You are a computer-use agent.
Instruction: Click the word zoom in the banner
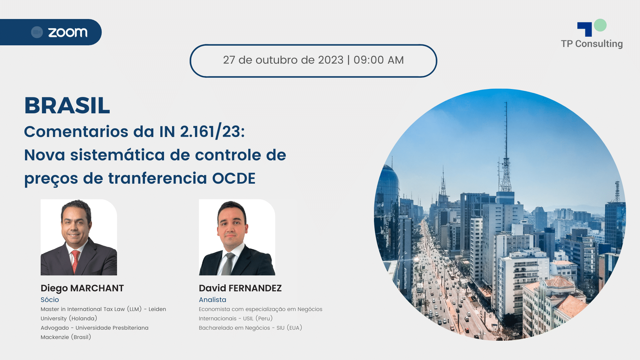pyautogui.click(x=68, y=32)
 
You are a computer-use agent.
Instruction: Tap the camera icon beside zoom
pyautogui.click(x=37, y=32)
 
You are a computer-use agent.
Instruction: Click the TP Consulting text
pyautogui.click(x=592, y=44)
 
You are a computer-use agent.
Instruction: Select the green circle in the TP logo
pyautogui.click(x=600, y=25)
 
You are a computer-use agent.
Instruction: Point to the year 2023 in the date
pyautogui.click(x=331, y=60)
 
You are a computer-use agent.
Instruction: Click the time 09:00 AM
pyautogui.click(x=379, y=60)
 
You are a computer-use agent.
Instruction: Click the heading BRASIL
pyautogui.click(x=67, y=105)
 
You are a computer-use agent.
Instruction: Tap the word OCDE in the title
pyautogui.click(x=234, y=178)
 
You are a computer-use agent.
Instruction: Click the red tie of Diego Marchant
pyautogui.click(x=75, y=261)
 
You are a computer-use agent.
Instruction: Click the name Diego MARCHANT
pyautogui.click(x=82, y=288)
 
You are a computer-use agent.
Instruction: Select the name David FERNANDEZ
pyautogui.click(x=240, y=288)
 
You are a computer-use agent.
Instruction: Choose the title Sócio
pyautogui.click(x=50, y=300)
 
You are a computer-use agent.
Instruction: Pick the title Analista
pyautogui.click(x=212, y=300)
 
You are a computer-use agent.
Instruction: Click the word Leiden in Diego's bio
pyautogui.click(x=157, y=309)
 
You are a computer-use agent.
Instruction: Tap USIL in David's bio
pyautogui.click(x=248, y=318)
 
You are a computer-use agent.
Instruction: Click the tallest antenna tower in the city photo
pyautogui.click(x=506, y=150)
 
